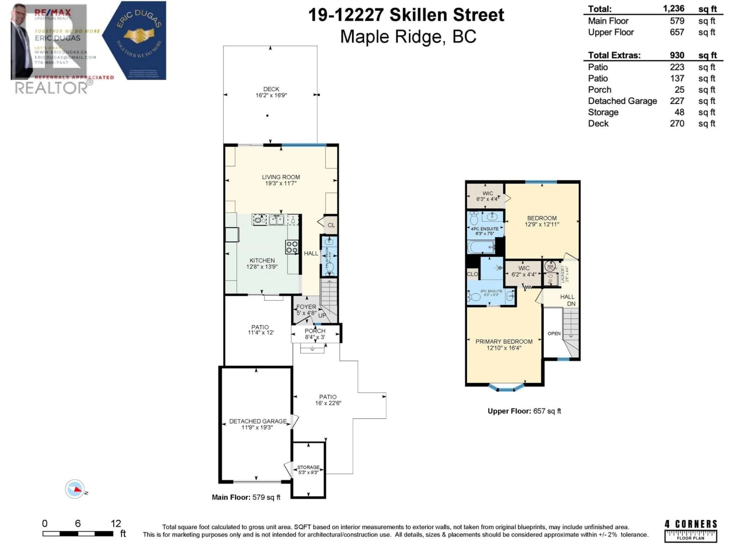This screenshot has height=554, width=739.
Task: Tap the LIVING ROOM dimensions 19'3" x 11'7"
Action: pos(281,183)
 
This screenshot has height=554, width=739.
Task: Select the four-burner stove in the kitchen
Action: pos(292,247)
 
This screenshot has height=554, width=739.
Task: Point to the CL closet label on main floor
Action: pos(331,225)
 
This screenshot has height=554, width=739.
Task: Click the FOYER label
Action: pos(306,307)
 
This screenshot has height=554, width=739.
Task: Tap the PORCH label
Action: pos(315,331)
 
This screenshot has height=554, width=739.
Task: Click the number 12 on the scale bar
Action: pos(116,523)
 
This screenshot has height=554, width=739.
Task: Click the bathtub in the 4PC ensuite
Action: pos(481,247)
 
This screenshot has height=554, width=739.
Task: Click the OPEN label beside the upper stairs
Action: pos(554,333)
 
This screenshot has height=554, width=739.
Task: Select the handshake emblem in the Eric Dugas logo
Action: pos(139,35)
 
